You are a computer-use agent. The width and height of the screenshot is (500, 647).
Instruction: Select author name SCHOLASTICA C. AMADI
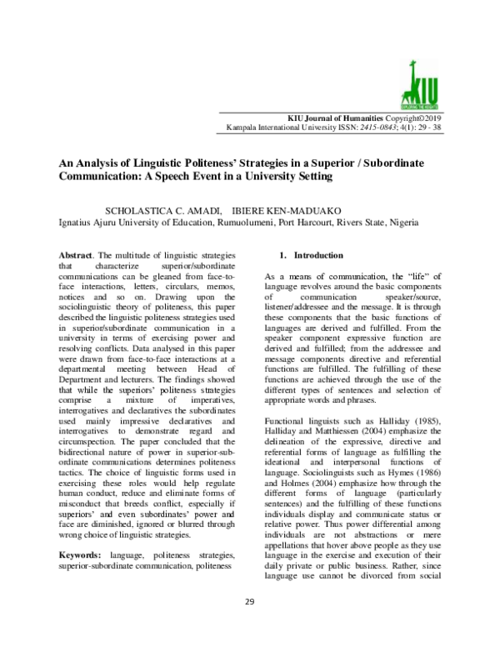point(160,210)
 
